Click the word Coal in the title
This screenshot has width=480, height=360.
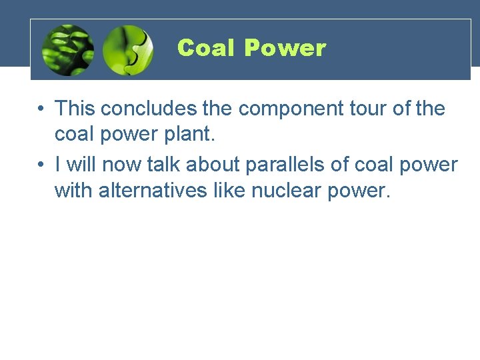[x=207, y=48]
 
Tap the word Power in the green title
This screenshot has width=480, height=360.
[x=285, y=48]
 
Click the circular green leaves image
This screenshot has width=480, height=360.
[x=67, y=50]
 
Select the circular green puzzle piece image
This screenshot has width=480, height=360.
[x=128, y=50]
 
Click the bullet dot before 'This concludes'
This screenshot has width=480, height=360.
[x=41, y=108]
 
